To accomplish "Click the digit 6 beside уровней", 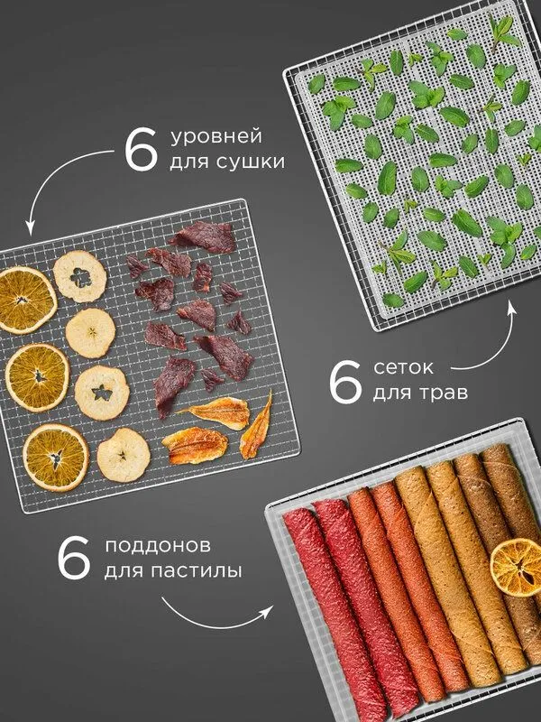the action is (141, 151).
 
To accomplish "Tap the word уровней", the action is (216, 138).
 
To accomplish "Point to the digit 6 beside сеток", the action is (345, 382).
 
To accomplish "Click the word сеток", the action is (403, 367).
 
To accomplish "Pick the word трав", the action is (444, 393).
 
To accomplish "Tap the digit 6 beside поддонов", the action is (74, 559).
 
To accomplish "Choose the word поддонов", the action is (158, 546).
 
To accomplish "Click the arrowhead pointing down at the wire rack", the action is (30, 228).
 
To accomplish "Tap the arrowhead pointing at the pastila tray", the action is (266, 611).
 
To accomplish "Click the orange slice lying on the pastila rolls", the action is (516, 568).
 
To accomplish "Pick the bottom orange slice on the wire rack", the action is (56, 458).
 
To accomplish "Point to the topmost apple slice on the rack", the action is (80, 276).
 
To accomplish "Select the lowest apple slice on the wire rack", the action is (124, 455).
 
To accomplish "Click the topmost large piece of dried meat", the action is (204, 236).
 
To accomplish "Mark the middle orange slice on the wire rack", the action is (37, 377).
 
